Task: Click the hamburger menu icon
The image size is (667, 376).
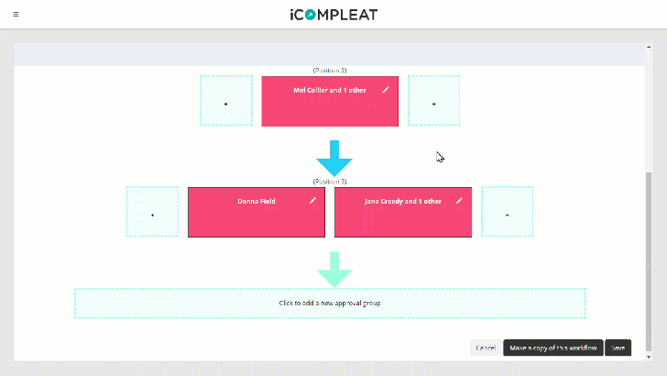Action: point(16,15)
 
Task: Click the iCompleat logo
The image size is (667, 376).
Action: point(333,15)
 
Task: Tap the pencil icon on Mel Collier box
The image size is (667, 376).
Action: point(386,90)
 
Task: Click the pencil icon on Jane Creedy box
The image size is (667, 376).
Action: point(459,201)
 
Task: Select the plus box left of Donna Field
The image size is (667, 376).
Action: point(152,213)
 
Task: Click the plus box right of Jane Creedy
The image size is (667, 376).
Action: point(508,213)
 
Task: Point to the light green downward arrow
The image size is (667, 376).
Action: point(334,269)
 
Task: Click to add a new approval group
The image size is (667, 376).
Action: point(330,303)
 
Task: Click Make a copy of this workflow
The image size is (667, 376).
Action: point(552,348)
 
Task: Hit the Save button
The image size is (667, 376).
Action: point(618,348)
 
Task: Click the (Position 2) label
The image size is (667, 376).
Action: point(330,71)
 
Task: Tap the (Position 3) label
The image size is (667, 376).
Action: point(330,182)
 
